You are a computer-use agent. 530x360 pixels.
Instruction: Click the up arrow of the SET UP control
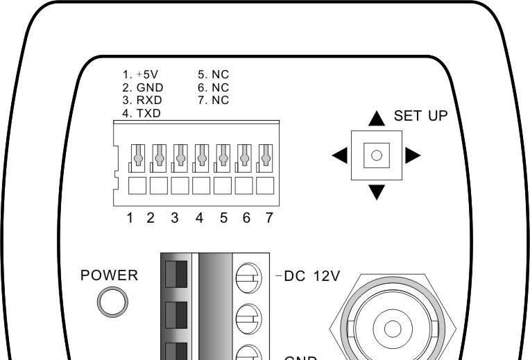point(377,119)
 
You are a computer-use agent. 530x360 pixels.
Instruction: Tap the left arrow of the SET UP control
point(340,155)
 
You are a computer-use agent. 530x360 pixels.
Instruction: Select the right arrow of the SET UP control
point(413,155)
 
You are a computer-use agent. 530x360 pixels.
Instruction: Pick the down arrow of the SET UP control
point(377,191)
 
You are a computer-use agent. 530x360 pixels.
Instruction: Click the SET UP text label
point(421,116)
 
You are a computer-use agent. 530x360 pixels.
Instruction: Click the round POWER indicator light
point(112,302)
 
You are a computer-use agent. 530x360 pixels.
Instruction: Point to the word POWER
point(110,275)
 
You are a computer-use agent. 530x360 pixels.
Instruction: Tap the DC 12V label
point(311,277)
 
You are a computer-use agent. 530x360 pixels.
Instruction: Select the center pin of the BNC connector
point(392,329)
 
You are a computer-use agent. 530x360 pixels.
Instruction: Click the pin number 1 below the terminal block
point(130,218)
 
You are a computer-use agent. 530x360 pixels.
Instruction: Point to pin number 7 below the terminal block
point(269,218)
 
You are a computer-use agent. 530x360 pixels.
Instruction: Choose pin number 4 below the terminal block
point(200,218)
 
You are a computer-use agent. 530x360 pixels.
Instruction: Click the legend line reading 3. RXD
point(144,101)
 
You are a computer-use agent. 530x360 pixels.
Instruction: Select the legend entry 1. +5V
point(141,75)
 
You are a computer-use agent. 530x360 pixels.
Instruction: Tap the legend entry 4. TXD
point(142,113)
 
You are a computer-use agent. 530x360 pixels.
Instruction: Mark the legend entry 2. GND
point(144,88)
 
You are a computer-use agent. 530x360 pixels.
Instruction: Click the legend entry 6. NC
point(214,88)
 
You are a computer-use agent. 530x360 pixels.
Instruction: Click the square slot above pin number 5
point(223,187)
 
